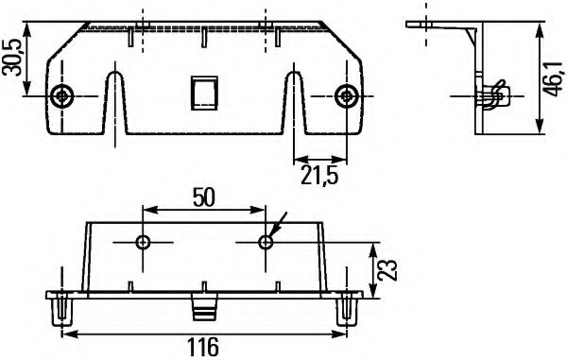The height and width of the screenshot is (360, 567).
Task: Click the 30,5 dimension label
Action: point(13,57)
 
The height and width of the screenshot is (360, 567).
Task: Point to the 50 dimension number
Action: point(204,197)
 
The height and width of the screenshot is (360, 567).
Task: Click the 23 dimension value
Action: point(387,270)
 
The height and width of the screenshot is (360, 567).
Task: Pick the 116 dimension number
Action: point(203,347)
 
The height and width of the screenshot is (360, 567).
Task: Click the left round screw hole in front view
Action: point(62,96)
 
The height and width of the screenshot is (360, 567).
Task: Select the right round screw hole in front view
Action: point(347,96)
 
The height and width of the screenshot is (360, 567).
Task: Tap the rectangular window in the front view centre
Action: point(204,93)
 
